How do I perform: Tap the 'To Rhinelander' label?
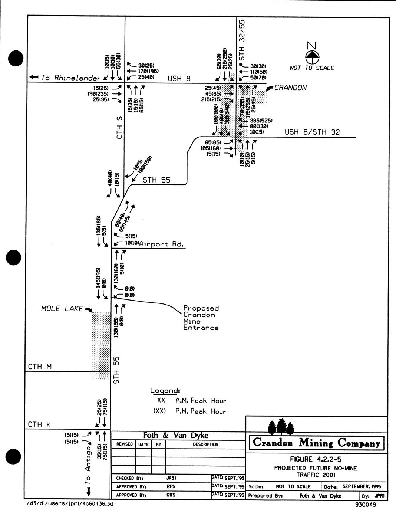coord(70,78)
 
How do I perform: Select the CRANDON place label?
coord(290,88)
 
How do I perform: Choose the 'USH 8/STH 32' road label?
coord(312,132)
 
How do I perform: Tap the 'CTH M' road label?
coord(40,367)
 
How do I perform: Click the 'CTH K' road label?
coord(39,424)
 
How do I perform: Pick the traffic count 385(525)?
coord(261,121)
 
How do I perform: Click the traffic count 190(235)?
coord(98,94)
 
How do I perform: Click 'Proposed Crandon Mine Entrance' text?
coord(201,318)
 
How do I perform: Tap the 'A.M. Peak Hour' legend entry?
coord(201,401)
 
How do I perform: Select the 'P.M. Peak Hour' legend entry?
coord(201,411)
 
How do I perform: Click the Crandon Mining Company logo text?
coord(316,443)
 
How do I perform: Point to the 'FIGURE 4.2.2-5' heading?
coord(316,459)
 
